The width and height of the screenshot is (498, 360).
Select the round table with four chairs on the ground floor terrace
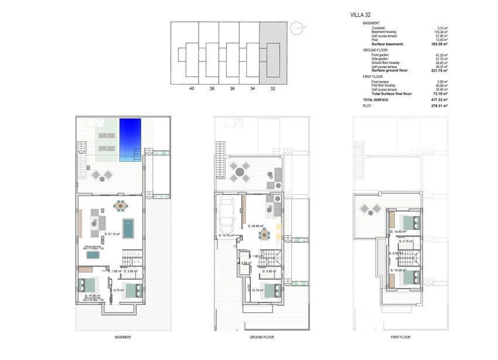pos(238,172)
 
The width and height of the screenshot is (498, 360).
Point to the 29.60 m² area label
pos(255,226)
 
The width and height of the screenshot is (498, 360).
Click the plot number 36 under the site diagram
pos(232,89)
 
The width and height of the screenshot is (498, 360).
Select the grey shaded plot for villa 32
pos(273,52)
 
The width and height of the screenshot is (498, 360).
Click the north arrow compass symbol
pos(298,27)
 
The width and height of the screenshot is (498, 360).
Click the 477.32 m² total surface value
pos(439,100)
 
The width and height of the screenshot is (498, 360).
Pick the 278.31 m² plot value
pos(439,106)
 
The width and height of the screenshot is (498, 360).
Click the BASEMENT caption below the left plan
pos(123,337)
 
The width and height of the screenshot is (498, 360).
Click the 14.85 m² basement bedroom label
pos(93,296)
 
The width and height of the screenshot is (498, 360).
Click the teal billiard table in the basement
pos(128,225)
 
